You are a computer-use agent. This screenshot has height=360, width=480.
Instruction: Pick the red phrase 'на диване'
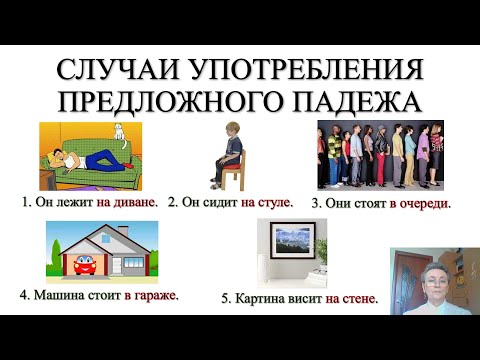(128, 202)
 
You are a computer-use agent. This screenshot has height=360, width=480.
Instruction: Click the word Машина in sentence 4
(59, 296)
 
